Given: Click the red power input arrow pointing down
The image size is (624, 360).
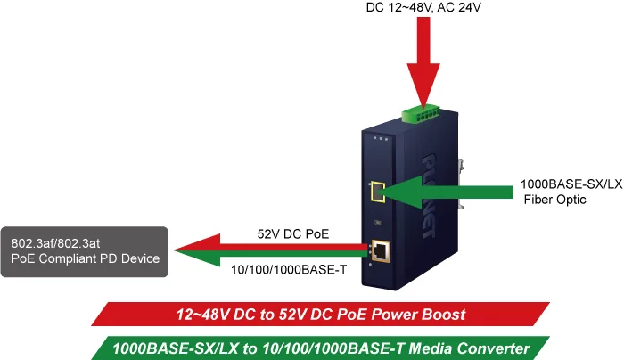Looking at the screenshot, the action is tap(423, 61).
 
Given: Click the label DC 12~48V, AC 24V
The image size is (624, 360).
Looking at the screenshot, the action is tap(423, 7).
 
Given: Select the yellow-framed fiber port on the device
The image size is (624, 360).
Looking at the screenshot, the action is tap(377, 192).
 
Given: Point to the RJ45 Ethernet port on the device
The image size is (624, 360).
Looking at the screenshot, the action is tap(381, 251).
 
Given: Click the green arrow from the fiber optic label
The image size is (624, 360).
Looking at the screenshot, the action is tap(446, 192).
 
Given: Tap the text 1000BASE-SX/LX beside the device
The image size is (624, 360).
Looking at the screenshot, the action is tap(571, 184).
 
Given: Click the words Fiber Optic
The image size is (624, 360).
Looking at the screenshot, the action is tap(554, 200).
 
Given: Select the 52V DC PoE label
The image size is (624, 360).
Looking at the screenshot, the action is tap(293, 233).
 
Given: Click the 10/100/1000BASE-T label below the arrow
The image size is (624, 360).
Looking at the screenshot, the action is tap(289, 270).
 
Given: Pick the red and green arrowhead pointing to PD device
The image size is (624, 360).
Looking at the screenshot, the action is tap(197, 250).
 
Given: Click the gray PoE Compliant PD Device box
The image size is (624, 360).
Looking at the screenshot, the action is tap(85, 252).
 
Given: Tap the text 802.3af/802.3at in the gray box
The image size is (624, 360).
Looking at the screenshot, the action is tap(55, 243).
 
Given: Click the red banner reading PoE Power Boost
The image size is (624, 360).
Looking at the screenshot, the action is tap(320, 315).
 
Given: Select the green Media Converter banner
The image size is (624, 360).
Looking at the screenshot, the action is tap(320, 348).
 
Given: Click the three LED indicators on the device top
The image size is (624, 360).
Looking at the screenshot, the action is tap(381, 139).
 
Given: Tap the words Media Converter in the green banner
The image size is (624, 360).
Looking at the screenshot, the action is tap(469, 348).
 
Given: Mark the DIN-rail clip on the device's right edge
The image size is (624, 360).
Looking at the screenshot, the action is tap(461, 184).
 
